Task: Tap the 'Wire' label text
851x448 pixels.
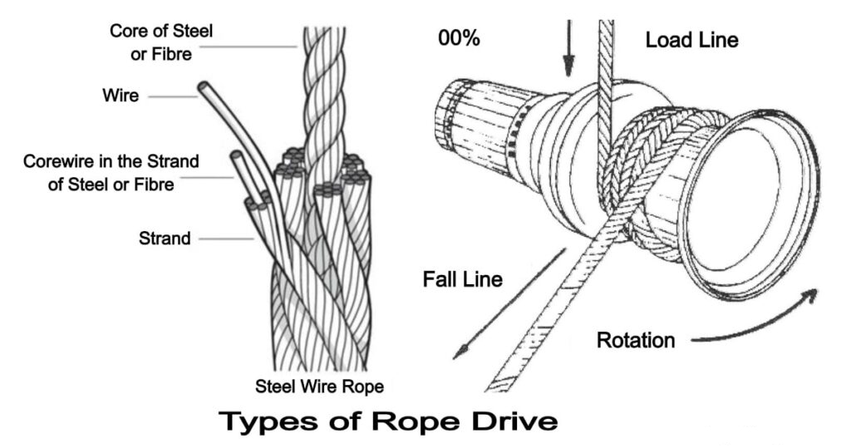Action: click(121, 96)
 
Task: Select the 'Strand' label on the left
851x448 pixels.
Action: click(164, 239)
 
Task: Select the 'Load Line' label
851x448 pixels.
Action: click(691, 39)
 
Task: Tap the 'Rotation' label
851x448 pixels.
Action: click(635, 340)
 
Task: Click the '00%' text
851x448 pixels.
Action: click(458, 39)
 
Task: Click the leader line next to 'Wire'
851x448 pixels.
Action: click(173, 97)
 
